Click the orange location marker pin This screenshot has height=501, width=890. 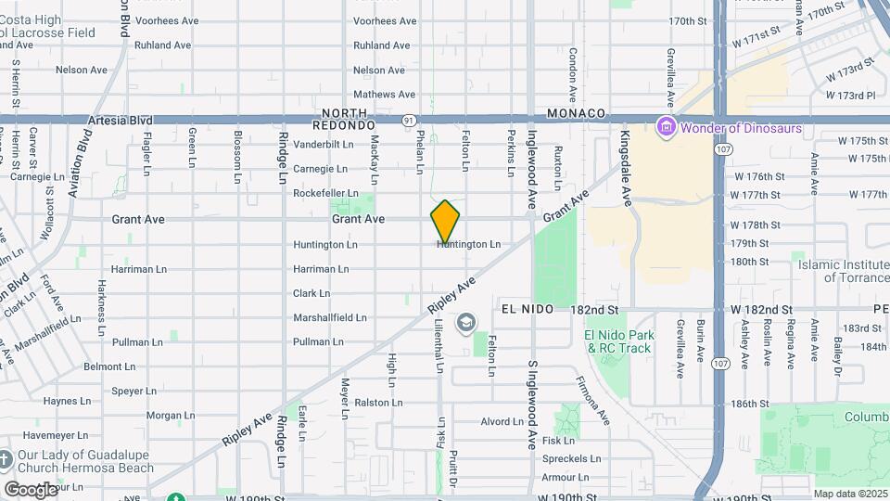coord(445,221)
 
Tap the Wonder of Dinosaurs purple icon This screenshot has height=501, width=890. coord(665,126)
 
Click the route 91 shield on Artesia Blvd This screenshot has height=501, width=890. coord(409,121)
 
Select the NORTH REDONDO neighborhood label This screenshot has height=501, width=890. coord(345,118)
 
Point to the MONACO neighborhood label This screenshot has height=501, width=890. coord(576,113)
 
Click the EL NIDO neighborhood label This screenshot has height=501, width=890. coord(527,309)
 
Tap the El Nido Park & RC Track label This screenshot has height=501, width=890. coord(619,341)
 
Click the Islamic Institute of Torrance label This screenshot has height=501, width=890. coord(844,270)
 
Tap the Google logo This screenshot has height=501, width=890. coord(31,489)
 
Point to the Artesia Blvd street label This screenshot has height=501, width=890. coord(120,121)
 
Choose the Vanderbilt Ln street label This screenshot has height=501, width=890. coord(324,145)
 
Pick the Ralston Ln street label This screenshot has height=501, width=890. coord(379,403)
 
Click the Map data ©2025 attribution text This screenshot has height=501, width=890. coord(850,494)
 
